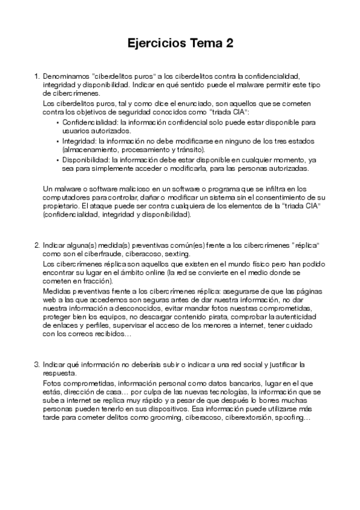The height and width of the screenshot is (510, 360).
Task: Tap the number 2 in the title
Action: [x=229, y=44]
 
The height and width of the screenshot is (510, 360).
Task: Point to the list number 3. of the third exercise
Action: [x=37, y=364]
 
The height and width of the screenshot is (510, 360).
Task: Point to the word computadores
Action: [x=67, y=198]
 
